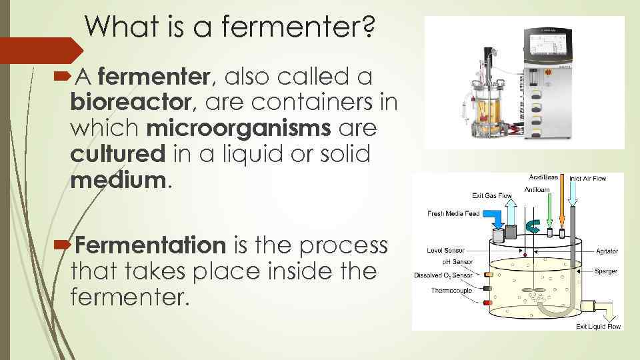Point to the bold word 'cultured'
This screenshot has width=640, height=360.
117,153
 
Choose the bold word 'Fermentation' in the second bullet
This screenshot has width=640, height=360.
151,245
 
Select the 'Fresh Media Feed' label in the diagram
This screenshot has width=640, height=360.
453,213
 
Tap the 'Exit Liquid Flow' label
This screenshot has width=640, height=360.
598,327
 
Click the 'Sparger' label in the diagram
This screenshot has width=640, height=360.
606,271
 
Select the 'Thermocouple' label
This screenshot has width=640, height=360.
452,290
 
